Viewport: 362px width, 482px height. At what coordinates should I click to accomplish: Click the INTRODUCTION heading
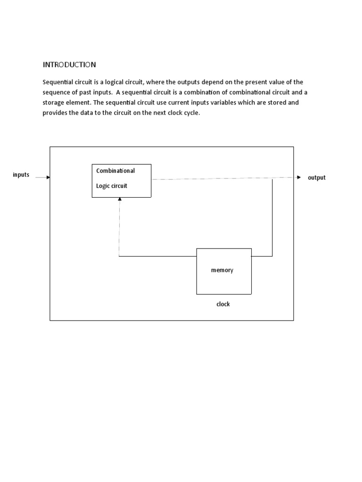pos(69,64)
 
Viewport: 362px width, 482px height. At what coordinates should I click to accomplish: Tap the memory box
pos(223,271)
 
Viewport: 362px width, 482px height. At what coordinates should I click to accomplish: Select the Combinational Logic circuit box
pos(121,180)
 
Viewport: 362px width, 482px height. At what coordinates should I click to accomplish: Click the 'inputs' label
pos(21,175)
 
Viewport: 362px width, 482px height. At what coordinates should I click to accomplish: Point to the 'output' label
pos(316,178)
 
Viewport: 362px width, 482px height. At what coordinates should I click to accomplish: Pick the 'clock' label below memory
pos(223,305)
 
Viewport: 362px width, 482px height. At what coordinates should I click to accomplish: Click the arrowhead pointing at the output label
pos(298,177)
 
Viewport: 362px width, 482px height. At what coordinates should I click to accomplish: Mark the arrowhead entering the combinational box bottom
pos(120,200)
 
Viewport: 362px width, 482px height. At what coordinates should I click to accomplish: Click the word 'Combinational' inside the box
pos(115,171)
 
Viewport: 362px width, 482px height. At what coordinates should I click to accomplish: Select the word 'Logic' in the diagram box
pos(102,186)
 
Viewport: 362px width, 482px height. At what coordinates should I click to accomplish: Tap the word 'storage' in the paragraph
pos(53,103)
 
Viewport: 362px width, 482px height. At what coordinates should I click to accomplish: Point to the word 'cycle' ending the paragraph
pos(191,113)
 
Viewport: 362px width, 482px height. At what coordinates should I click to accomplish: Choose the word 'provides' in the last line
pos(55,113)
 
